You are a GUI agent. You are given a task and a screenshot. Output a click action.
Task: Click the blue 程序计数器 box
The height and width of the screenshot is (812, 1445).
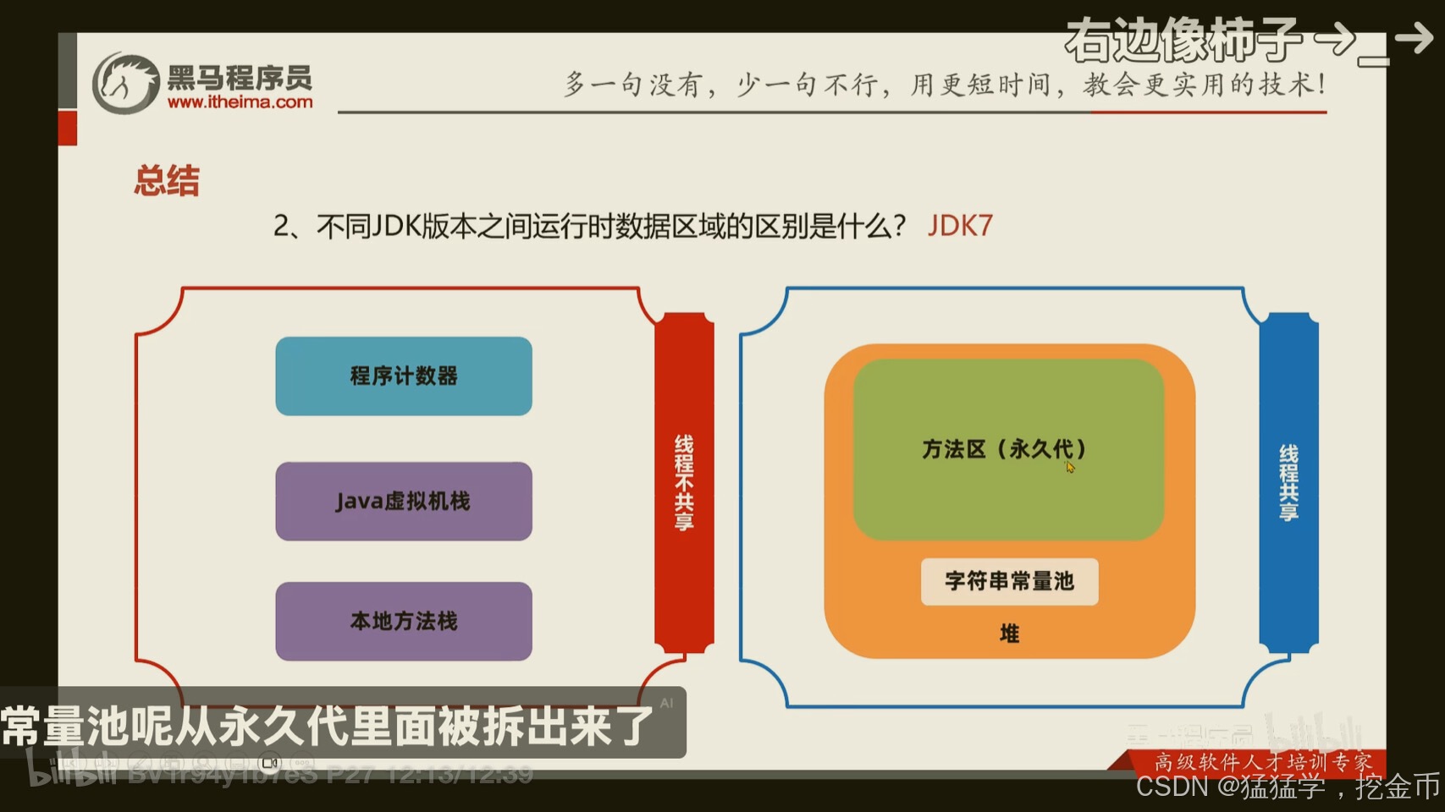404,376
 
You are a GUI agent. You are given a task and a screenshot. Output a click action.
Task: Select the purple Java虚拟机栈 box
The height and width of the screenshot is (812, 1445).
404,501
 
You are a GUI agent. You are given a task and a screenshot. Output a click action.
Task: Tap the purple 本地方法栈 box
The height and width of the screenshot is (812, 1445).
404,621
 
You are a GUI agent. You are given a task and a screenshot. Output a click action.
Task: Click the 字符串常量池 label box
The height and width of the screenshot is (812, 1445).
1009,581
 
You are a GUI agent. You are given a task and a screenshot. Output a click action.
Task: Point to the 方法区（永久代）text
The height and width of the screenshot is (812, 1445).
1003,449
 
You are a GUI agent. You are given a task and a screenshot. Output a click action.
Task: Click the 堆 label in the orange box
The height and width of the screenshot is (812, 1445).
1009,634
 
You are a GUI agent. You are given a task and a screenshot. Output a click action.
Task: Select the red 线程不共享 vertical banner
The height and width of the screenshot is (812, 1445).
684,482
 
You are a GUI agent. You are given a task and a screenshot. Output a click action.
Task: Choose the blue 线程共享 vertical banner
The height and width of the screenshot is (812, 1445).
1288,482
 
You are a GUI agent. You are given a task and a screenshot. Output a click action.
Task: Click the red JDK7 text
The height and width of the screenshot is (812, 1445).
960,226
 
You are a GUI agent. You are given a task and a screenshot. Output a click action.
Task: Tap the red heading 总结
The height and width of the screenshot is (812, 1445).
167,181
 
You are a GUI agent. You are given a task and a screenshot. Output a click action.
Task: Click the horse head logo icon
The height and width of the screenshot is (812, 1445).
125,83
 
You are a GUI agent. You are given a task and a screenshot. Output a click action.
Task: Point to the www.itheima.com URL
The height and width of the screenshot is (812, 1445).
240,102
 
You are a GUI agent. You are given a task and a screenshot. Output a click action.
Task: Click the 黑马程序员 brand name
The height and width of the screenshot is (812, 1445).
240,78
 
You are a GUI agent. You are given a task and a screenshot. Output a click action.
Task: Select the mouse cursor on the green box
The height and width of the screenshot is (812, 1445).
1070,467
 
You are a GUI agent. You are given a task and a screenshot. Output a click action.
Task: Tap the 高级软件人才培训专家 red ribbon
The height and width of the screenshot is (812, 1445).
1261,761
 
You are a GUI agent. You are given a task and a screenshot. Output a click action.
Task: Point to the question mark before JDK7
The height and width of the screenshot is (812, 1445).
897,226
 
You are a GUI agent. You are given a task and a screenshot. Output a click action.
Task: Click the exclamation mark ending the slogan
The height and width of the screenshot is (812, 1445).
1321,85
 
